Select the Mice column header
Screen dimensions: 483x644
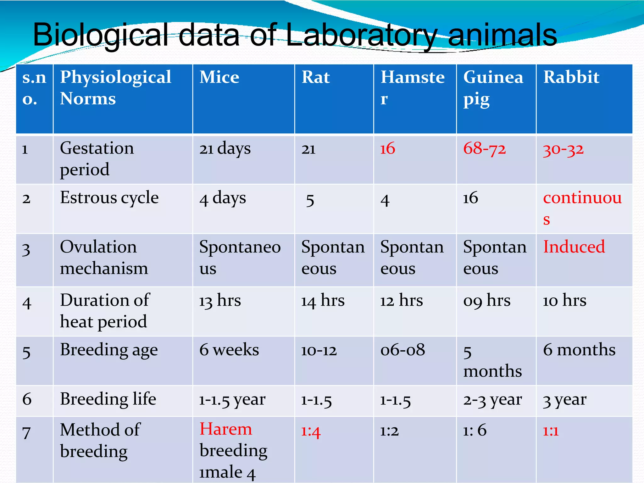click(x=219, y=77)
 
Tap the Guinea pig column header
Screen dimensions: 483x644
click(x=493, y=88)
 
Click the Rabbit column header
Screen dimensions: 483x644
click(x=571, y=77)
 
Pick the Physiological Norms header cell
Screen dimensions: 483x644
click(x=115, y=88)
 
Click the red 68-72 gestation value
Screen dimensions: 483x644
click(x=484, y=148)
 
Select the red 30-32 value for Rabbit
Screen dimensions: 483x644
click(x=563, y=149)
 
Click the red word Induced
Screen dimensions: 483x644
click(x=574, y=247)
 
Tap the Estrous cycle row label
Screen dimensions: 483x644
click(x=109, y=198)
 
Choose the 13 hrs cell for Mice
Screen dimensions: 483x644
click(x=220, y=301)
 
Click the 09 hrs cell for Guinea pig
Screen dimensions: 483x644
click(x=486, y=301)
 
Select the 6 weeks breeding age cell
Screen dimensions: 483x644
click(x=229, y=350)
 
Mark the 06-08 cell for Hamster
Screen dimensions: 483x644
click(x=402, y=350)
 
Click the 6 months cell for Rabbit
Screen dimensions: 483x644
click(x=579, y=350)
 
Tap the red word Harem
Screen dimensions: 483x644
click(x=226, y=429)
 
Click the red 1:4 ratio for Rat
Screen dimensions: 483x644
click(x=310, y=431)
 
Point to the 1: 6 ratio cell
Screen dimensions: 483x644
click(x=475, y=430)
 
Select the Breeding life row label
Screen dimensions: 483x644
click(x=108, y=399)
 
